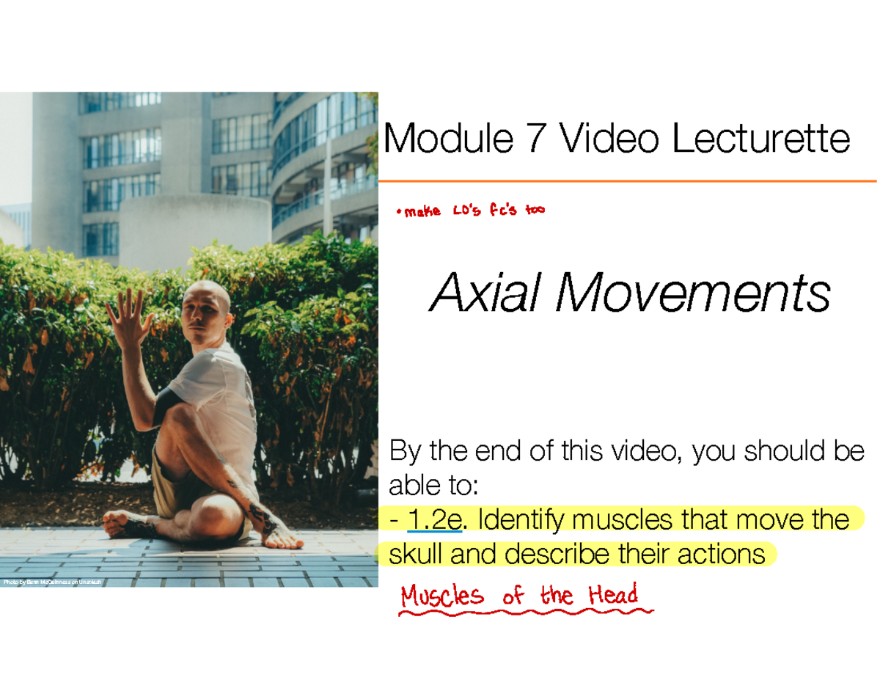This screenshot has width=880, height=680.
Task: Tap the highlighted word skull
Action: [416, 554]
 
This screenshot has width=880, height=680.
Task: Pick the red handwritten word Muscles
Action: [442, 596]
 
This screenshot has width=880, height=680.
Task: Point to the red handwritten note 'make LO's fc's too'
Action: [469, 211]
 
